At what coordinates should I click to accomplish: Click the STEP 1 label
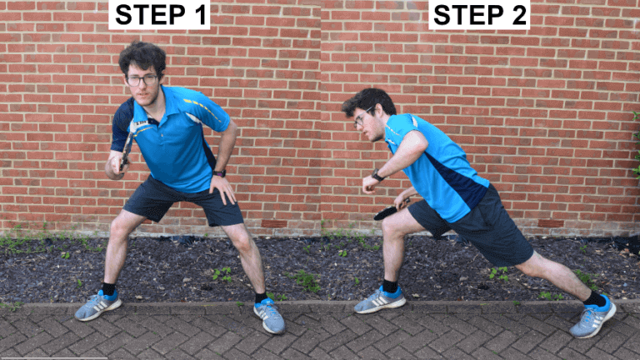pos(159,15)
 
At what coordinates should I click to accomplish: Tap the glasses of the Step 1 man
pos(142,80)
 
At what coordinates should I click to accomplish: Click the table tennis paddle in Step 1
pos(126,151)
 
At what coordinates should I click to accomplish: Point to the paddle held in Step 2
pos(386,212)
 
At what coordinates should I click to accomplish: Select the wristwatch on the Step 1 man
pos(219,172)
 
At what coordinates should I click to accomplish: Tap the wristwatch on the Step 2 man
pos(377,175)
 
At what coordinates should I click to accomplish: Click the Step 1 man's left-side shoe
pos(97,305)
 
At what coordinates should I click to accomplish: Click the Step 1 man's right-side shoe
pos(269,315)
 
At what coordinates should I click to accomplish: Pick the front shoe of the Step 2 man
pos(380,300)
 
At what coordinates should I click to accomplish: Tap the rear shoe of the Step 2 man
pos(593,316)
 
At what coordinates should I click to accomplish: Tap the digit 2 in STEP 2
pos(517,15)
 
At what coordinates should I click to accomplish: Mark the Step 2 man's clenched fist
pos(367,183)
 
